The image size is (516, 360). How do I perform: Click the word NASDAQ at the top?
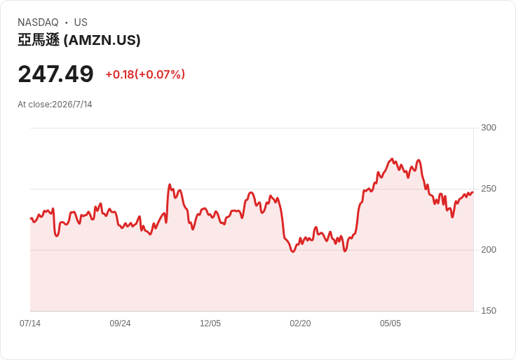pos(38,22)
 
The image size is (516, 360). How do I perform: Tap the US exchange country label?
pos(81,22)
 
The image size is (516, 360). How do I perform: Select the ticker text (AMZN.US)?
pos(102,40)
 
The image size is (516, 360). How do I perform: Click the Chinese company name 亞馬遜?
pos(39,40)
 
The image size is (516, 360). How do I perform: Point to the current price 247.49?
pos(55,74)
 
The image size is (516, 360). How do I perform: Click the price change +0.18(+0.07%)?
pos(145,74)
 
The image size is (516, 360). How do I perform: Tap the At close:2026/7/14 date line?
pos(55,105)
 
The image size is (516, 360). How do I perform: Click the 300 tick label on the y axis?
pos(489,128)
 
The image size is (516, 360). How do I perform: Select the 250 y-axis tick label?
pos(489,189)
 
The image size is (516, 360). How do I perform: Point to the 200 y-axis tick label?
pos(489,250)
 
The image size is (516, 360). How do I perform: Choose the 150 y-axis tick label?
pos(489,311)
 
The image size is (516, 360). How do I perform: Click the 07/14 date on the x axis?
pos(30,324)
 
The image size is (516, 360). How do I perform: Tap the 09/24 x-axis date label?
pos(120,324)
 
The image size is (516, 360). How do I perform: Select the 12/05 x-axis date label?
pos(210,324)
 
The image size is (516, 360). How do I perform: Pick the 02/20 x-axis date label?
pos(300,324)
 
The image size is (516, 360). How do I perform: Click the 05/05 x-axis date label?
pos(391,324)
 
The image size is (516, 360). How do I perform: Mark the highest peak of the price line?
pos(392,159)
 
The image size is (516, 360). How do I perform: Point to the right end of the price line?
pos(473,192)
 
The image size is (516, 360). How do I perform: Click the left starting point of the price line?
pos(31,218)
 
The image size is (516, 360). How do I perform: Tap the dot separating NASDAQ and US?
pos(66,22)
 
